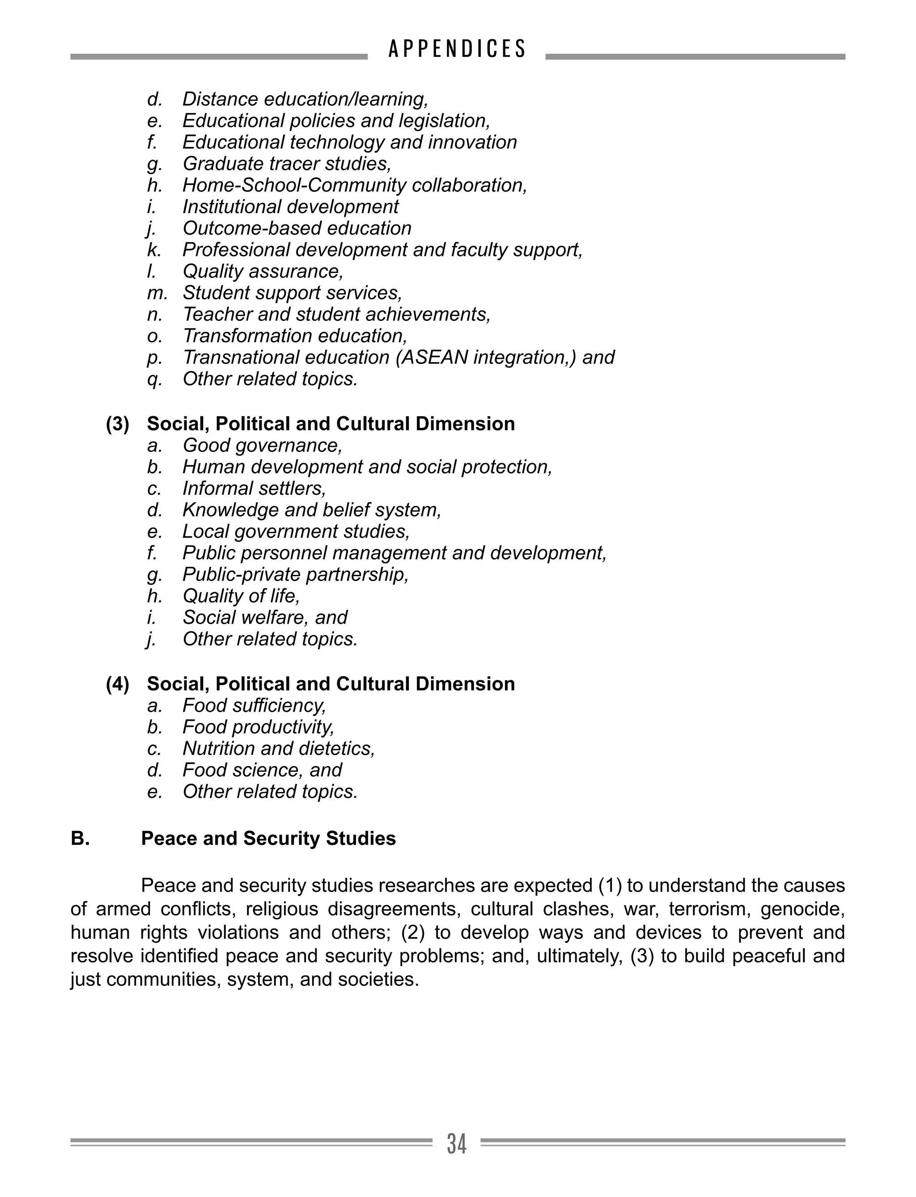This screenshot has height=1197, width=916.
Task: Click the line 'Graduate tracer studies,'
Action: point(287,164)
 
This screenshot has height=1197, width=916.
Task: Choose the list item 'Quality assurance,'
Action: point(263,271)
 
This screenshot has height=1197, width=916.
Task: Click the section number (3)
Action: point(118,424)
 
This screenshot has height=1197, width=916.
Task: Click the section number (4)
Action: point(118,684)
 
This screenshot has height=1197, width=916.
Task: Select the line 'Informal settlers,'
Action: point(254,488)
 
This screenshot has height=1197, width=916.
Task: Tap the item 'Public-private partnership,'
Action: point(296,574)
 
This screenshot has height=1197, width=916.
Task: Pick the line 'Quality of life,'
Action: point(241,596)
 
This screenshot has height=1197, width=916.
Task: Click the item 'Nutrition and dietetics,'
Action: point(279,749)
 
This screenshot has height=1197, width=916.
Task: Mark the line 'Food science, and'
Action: point(262,770)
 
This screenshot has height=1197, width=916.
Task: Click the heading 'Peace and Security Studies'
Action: point(268,838)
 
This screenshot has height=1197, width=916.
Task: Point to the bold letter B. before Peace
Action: point(80,838)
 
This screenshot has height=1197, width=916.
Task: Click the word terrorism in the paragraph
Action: point(707,909)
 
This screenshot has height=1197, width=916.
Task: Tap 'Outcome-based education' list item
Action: point(297,228)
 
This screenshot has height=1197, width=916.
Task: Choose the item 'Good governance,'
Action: point(262,446)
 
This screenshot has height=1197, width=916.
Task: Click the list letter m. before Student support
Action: point(157,293)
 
